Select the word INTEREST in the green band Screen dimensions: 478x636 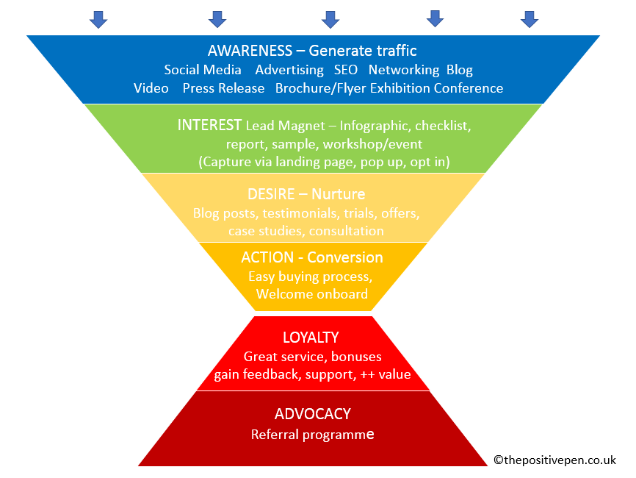209,125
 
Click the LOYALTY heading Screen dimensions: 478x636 311,338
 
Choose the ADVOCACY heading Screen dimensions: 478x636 312,413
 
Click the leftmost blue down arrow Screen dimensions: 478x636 98,19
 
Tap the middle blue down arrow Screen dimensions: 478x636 330,19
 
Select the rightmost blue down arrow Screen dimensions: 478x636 530,19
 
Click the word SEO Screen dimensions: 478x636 346,70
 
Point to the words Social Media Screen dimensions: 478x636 203,70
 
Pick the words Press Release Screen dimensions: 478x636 223,88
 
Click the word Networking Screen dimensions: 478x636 403,70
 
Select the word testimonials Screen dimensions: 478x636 287,213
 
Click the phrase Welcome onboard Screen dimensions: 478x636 312,294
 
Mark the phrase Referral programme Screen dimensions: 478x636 312,434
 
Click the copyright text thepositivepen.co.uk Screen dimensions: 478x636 554,460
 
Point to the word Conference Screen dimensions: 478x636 468,88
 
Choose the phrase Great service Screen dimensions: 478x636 284,357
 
